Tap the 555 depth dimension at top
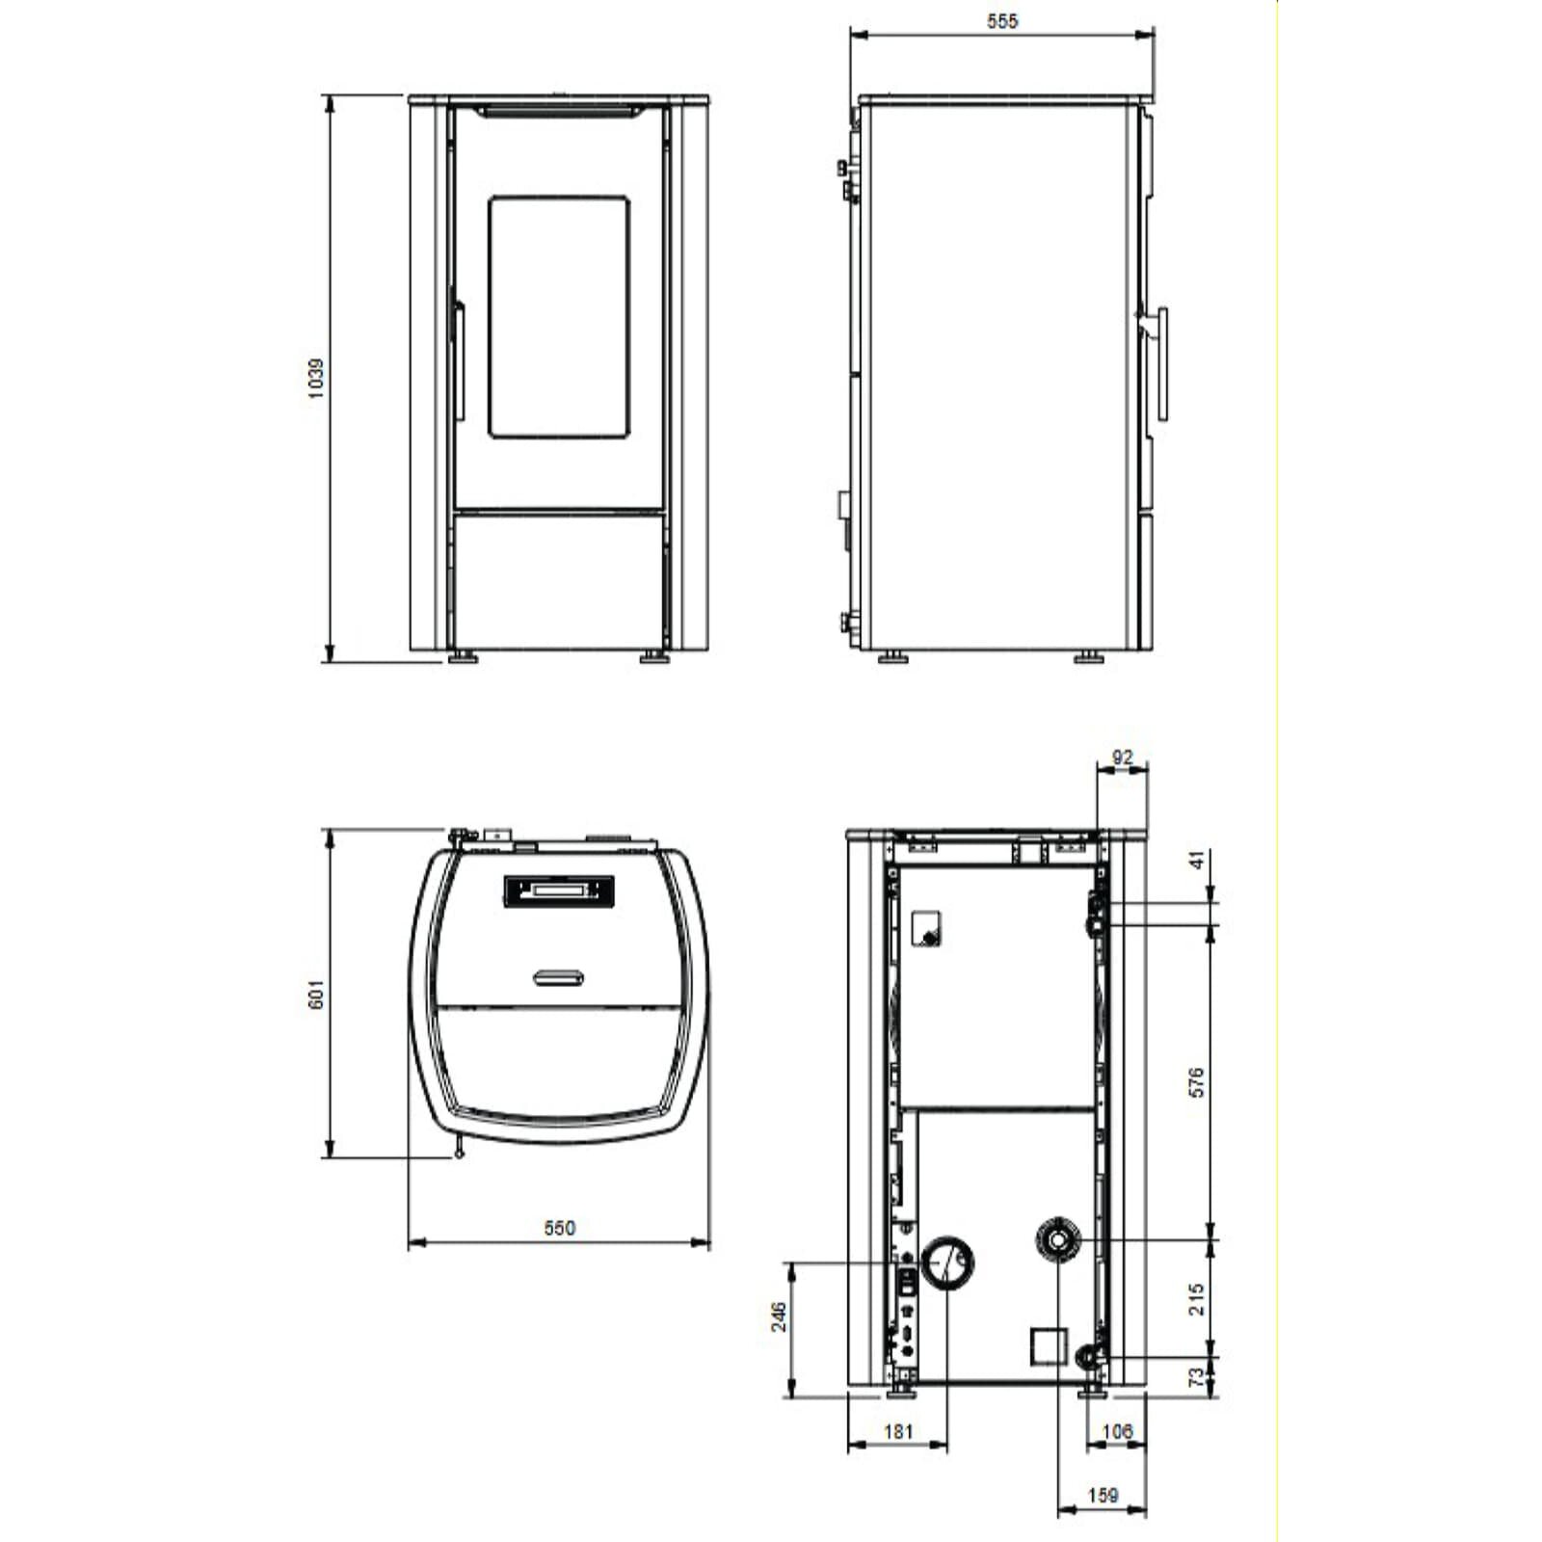[x=1002, y=20]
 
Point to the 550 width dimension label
[x=559, y=1228]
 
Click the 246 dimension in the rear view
[x=779, y=1316]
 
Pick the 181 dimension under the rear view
[x=897, y=1431]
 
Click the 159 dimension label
[x=1103, y=1495]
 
